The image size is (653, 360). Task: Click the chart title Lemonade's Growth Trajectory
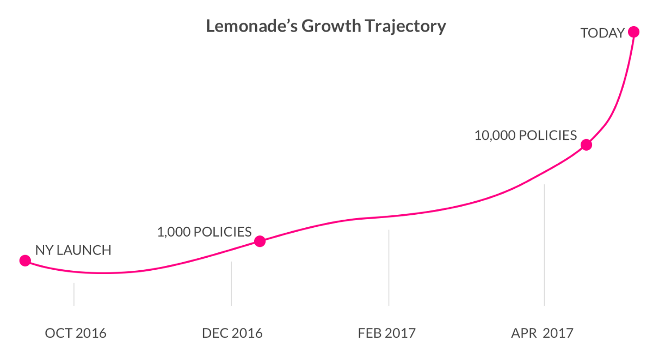(326, 26)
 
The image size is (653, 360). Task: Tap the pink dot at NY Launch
(25, 260)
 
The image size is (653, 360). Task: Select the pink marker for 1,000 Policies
(260, 241)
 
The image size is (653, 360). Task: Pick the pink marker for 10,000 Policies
(586, 145)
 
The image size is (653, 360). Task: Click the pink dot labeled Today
(633, 32)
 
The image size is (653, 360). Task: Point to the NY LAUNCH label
(73, 251)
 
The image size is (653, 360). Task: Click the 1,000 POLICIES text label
(204, 232)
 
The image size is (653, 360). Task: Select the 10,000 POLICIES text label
(525, 135)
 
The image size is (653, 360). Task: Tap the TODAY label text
(602, 33)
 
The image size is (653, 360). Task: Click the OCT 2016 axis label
(75, 333)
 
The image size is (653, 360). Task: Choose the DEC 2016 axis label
(232, 333)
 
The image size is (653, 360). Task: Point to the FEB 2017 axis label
(387, 333)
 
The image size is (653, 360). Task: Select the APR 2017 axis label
(542, 333)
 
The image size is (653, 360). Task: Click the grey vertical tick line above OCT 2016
(74, 294)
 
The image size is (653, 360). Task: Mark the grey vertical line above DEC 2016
(231, 283)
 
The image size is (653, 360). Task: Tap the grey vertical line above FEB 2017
(389, 267)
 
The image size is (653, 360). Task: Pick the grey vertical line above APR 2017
(544, 245)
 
